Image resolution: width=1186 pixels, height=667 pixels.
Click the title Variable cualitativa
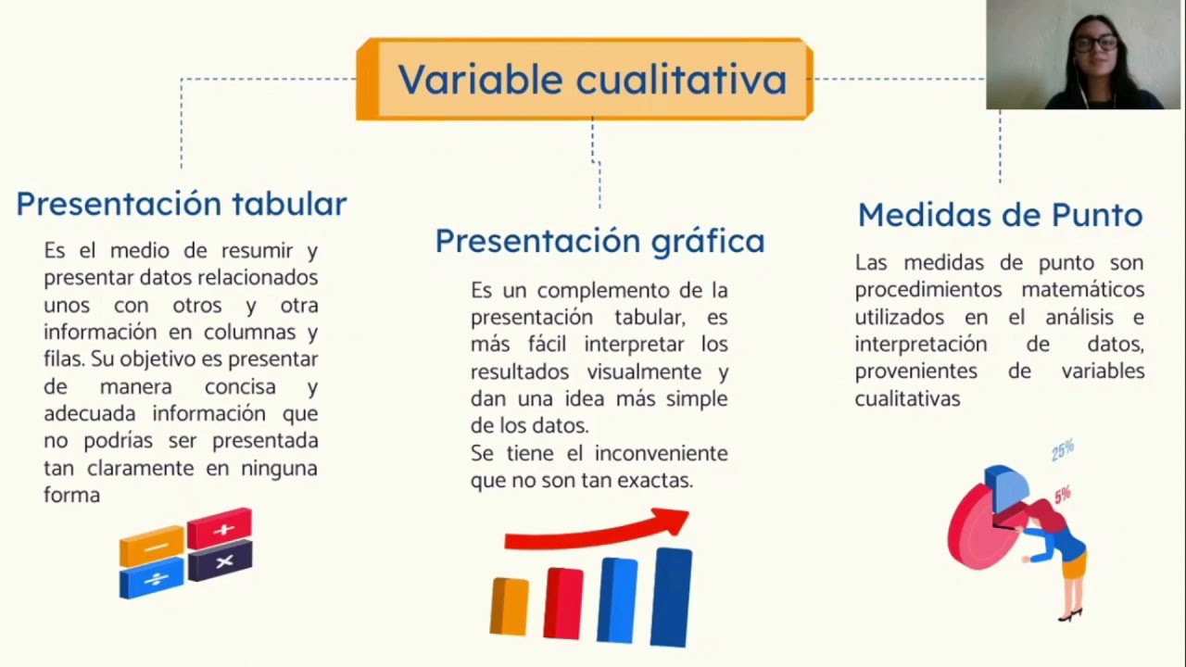[x=591, y=80]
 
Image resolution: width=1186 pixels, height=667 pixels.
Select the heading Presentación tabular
[x=181, y=204]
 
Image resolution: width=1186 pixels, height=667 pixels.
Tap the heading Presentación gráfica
[x=599, y=241]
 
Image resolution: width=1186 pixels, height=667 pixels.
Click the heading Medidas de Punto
[x=1000, y=215]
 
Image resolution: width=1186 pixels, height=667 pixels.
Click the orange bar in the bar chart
[x=509, y=606]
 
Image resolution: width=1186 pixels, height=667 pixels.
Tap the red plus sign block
[x=220, y=529]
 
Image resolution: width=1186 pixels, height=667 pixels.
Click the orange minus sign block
[x=153, y=547]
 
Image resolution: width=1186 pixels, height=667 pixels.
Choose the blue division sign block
[x=153, y=579]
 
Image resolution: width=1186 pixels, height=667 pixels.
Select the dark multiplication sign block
[x=221, y=561]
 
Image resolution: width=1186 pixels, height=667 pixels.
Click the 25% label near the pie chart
[x=1063, y=450]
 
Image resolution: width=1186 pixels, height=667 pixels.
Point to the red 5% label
[x=1063, y=495]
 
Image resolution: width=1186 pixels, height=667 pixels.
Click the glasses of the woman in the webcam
[x=1095, y=44]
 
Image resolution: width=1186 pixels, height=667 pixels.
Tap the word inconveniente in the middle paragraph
[x=661, y=453]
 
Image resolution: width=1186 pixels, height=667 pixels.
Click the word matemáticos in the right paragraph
[x=1082, y=290]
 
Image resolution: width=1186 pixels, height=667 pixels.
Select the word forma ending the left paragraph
[x=71, y=495]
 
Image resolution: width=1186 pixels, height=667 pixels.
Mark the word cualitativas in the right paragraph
[x=907, y=398]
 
